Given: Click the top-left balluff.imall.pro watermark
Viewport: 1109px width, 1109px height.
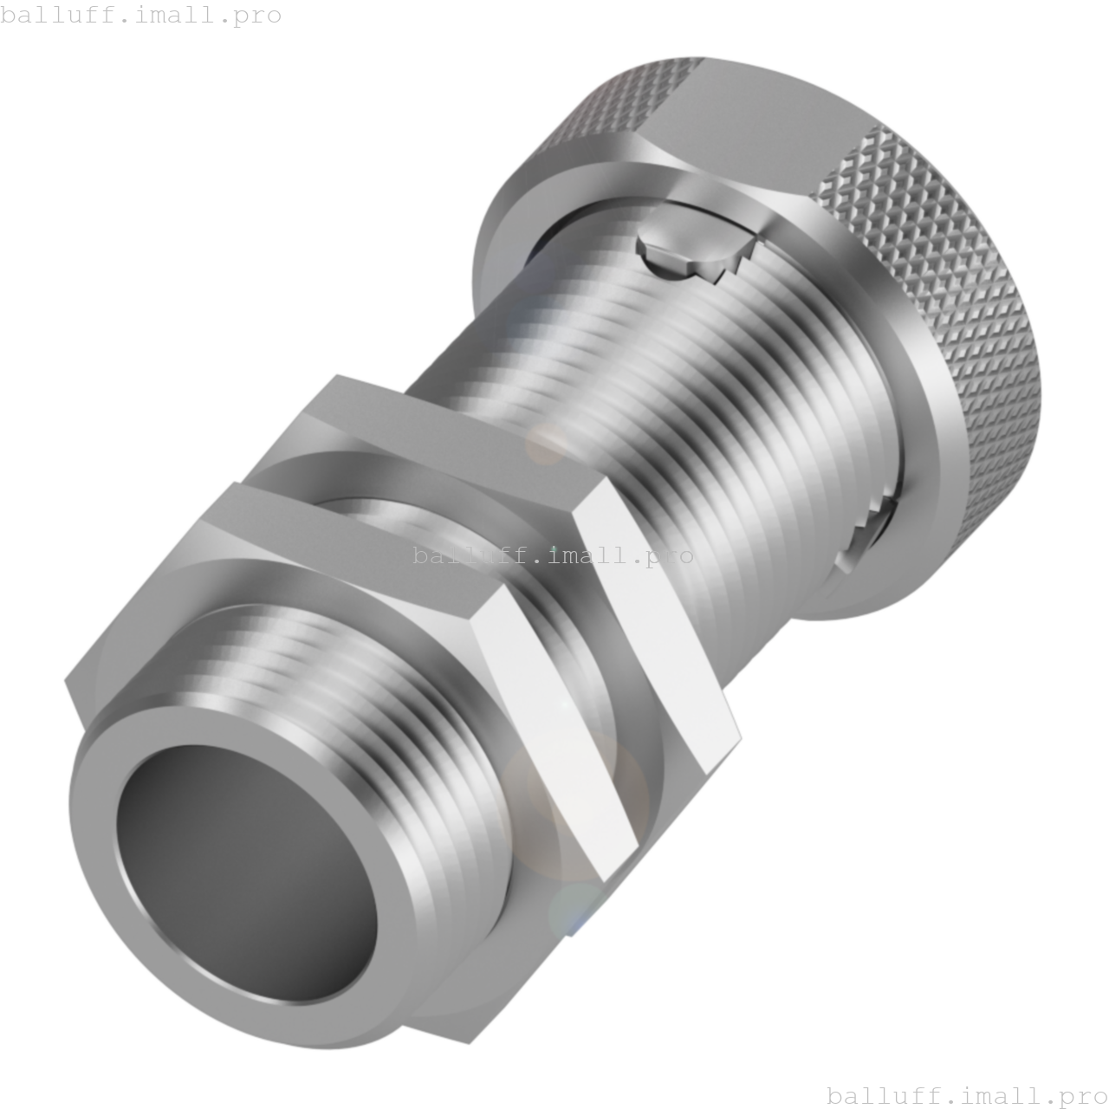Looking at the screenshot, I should (x=141, y=15).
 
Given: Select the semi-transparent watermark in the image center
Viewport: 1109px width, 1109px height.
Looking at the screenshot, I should (x=553, y=555).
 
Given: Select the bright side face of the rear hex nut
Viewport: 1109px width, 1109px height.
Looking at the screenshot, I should (x=658, y=624).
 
